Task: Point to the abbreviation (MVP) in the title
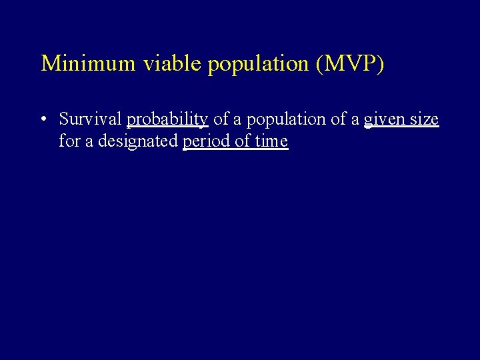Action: [x=350, y=63]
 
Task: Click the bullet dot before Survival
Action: [x=42, y=120]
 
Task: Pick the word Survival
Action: [x=90, y=119]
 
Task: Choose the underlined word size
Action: [x=424, y=120]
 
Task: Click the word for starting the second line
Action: [x=68, y=141]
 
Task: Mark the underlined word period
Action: [x=204, y=142]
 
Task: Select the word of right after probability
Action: [x=221, y=119]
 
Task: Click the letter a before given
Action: [x=355, y=121]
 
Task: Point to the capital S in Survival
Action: [x=64, y=119]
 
